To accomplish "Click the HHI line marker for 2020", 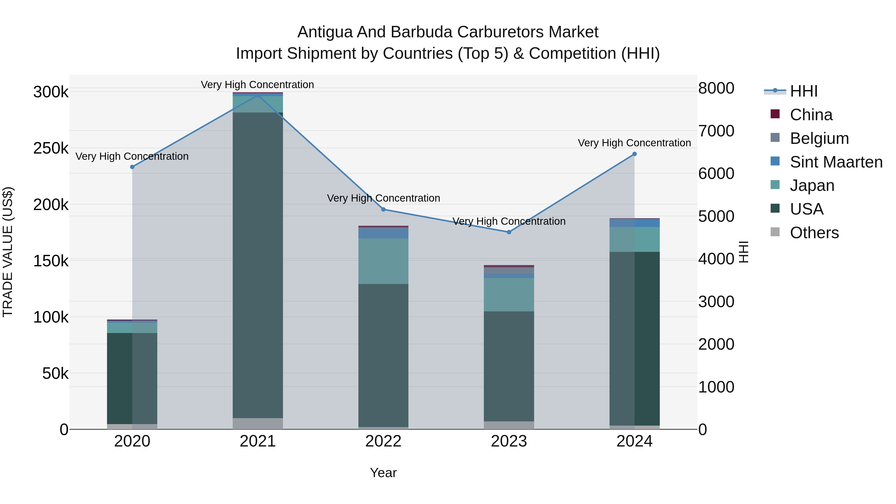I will pos(132,167).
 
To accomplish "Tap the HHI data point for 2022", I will pos(383,209).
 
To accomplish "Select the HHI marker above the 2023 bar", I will pos(509,232).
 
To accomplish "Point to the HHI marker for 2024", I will pos(634,154).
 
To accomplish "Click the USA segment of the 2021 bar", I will pos(258,264).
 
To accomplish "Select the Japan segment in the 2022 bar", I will pos(383,261).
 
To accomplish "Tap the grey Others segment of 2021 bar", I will pos(258,423).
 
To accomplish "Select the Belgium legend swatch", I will pos(775,138).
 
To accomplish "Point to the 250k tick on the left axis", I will pos(51,149).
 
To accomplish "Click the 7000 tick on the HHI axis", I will pos(716,131).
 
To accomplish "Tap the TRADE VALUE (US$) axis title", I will pos(8,252).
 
